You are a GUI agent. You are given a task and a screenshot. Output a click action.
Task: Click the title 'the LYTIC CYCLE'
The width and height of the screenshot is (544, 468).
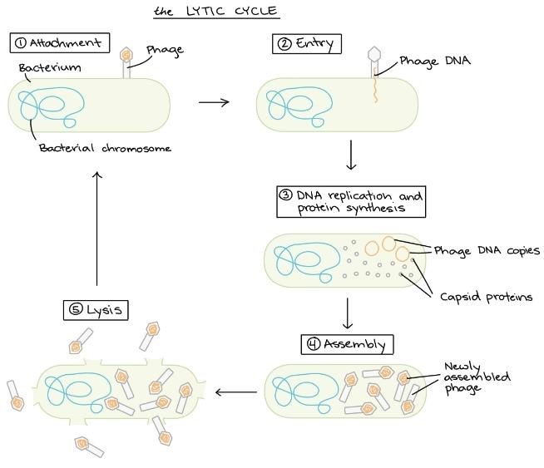pos(216,11)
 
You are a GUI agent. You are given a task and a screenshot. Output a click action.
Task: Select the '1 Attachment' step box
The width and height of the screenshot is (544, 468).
pos(60,42)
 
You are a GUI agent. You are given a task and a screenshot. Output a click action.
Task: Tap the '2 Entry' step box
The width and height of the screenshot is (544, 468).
pos(307,44)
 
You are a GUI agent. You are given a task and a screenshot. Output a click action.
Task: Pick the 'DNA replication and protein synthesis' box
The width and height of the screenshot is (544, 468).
pos(351,202)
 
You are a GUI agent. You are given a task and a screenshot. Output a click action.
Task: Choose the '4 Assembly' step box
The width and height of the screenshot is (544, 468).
pos(348,344)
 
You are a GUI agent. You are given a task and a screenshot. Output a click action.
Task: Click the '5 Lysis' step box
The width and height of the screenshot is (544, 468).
pos(96,310)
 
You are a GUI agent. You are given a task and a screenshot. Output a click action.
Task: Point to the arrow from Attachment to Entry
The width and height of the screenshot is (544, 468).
pos(214,102)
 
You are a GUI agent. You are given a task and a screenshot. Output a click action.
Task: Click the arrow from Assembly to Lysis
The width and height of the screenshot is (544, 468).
pos(236,392)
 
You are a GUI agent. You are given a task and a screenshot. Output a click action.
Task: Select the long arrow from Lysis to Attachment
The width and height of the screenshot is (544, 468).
pos(97,229)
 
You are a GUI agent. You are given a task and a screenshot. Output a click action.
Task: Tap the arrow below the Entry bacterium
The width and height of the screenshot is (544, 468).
pos(351,155)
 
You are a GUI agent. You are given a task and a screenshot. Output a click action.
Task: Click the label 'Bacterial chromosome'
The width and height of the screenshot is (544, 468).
pos(105,148)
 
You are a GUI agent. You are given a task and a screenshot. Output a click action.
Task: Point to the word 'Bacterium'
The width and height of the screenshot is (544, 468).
pos(50,67)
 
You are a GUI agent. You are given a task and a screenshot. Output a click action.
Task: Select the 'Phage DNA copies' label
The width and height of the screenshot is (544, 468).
pos(487,251)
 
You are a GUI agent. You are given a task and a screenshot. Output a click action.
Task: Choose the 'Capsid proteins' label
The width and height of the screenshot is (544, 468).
pos(486,297)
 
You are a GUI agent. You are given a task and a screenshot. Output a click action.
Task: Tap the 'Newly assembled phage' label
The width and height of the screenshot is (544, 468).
pos(477,377)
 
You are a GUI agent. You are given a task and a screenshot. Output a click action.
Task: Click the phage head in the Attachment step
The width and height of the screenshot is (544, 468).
pos(126,54)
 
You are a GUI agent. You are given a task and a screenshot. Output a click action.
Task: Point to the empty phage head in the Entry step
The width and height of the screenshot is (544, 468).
pos(374,53)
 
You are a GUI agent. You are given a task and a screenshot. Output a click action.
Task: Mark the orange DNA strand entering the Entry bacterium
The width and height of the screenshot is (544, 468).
pos(375,86)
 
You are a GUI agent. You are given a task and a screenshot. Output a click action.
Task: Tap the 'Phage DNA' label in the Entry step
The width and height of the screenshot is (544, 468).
pos(435,62)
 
